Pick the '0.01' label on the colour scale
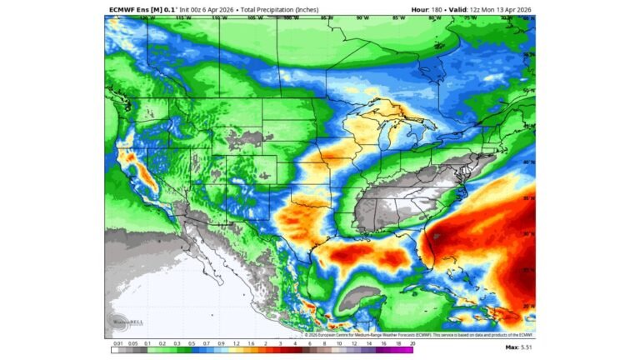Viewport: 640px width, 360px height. (x=118, y=342)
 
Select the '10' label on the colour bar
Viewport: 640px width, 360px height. (x=339, y=342)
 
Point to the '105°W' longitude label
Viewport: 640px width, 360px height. (x=254, y=17)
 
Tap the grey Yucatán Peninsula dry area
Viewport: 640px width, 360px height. (x=364, y=296)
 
